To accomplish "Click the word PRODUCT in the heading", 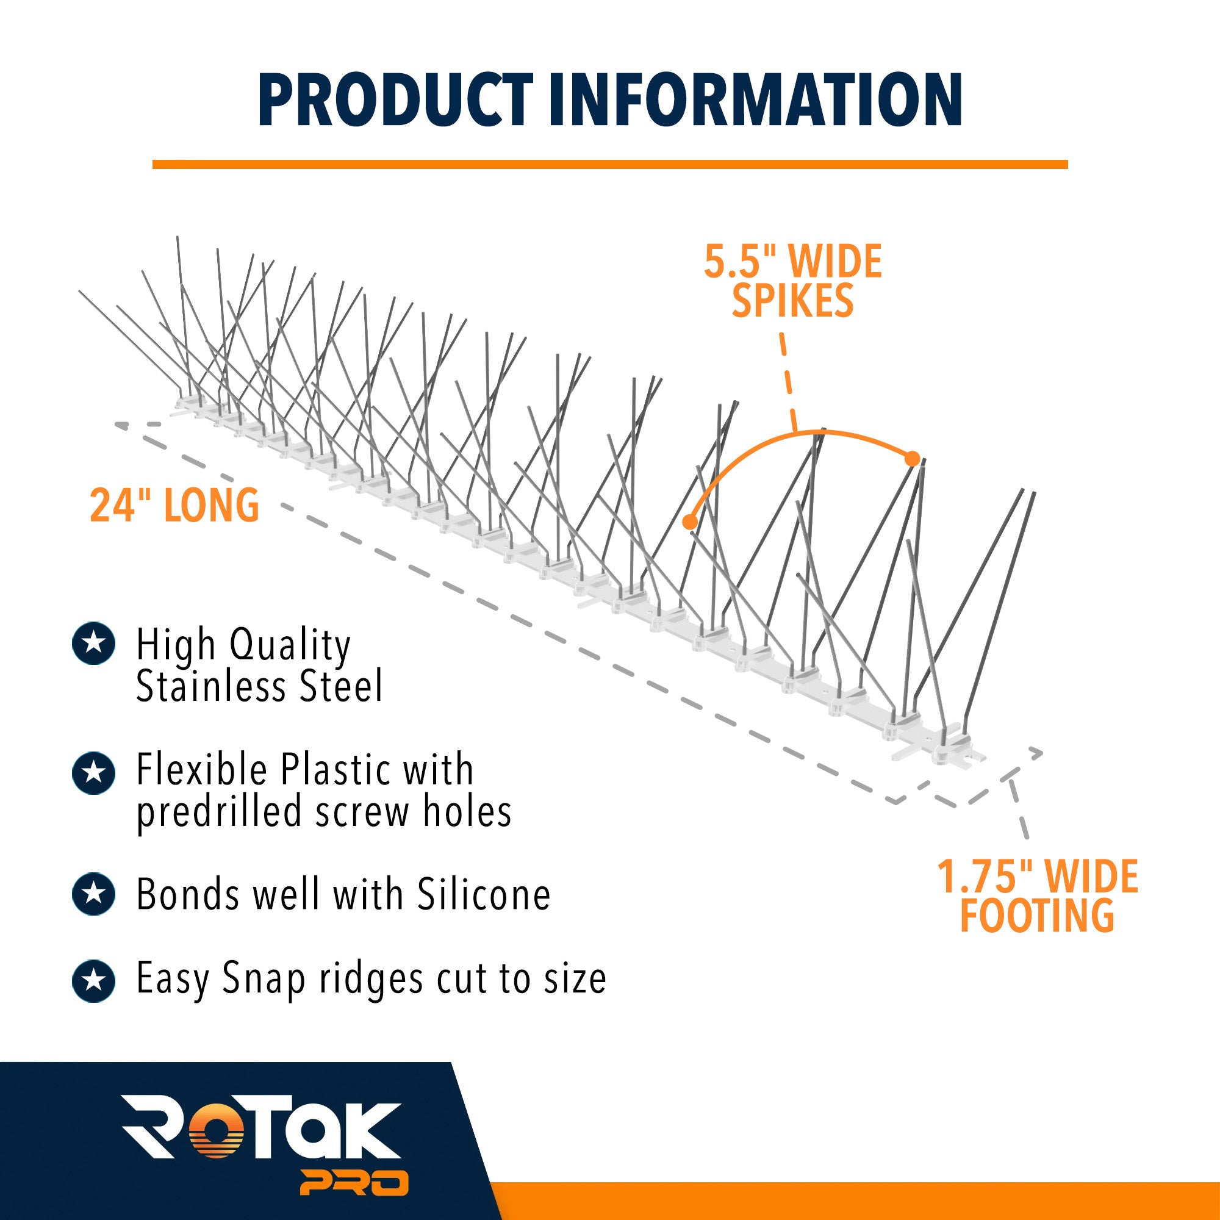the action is (396, 100).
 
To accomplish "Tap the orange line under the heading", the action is (610, 164).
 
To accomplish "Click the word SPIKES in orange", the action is (792, 301).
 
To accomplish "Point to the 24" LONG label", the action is (174, 505).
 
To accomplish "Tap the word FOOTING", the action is (1038, 916).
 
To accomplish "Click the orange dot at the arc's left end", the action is (690, 522).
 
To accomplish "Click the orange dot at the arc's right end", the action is (912, 459).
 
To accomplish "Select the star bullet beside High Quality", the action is (94, 644).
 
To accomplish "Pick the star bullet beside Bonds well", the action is (94, 894).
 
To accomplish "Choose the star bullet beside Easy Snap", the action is (94, 981).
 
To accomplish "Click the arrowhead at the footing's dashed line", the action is (1035, 753).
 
